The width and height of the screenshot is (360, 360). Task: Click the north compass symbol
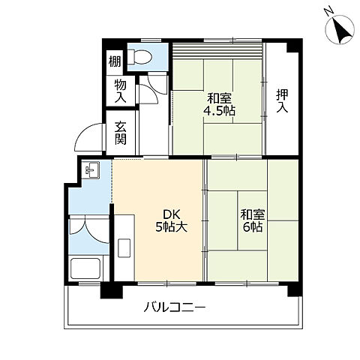(339, 29)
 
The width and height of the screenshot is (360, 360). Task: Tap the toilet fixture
(140, 56)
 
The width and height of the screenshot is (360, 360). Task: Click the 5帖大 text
(171, 226)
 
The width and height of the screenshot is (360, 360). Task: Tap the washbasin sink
(90, 171)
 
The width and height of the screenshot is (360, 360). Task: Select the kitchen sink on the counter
(124, 247)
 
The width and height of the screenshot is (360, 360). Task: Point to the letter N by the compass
(328, 10)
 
